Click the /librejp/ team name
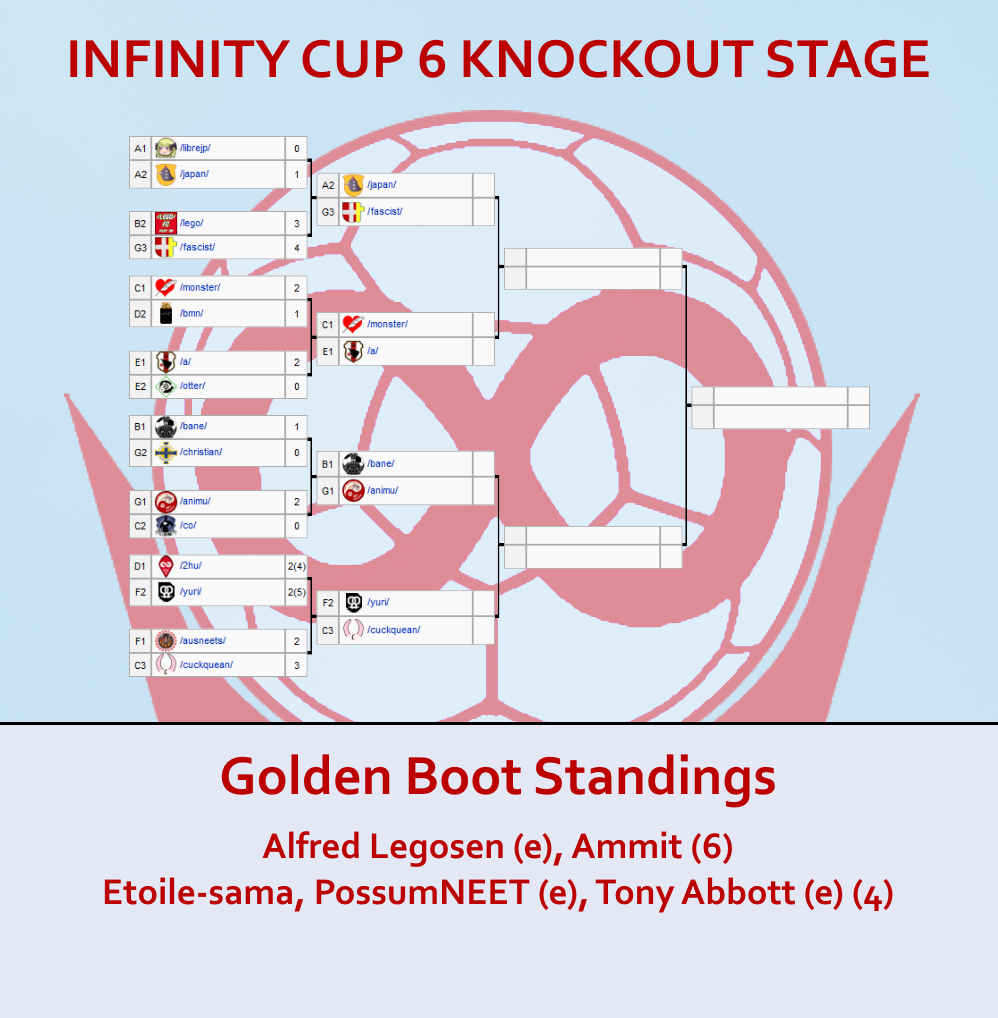[x=195, y=148]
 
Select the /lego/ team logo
[x=166, y=223]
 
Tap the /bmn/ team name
[x=192, y=314]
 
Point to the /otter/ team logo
[x=166, y=386]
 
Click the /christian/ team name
[x=201, y=452]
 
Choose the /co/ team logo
[x=166, y=525]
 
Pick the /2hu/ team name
[x=191, y=565]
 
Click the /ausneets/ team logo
[x=166, y=641]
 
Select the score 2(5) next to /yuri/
[x=296, y=592]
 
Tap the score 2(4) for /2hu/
[x=296, y=566]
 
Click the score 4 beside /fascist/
[x=297, y=247]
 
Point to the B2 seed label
[x=140, y=223]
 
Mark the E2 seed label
[x=140, y=386]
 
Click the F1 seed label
[x=140, y=641]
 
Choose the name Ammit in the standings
[x=627, y=847]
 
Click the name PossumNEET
[x=421, y=892]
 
